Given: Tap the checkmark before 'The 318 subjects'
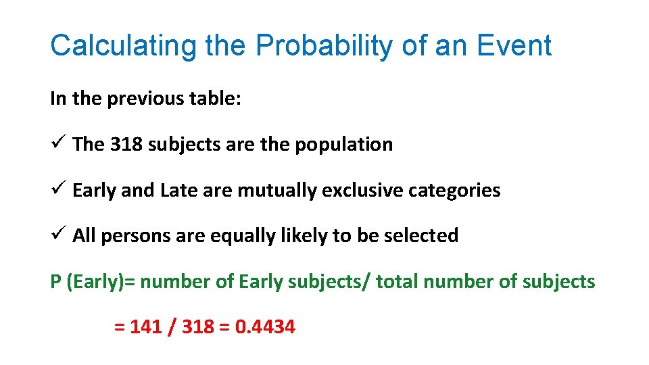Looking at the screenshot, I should tap(57, 143).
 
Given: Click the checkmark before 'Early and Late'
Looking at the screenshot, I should tap(57, 189).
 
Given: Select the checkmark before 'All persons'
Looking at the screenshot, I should tap(57, 235).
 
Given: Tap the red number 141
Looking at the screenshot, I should tap(145, 327).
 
